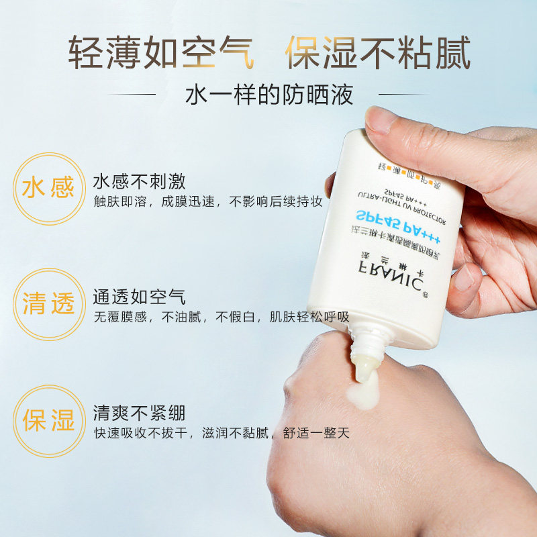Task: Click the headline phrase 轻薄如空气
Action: pos(161,53)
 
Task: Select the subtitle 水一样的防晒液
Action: pos(268,95)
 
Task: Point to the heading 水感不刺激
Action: pos(139,182)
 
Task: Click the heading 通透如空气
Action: pos(139,297)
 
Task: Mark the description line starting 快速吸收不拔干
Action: pos(222,433)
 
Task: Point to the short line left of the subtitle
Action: pos(144,95)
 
